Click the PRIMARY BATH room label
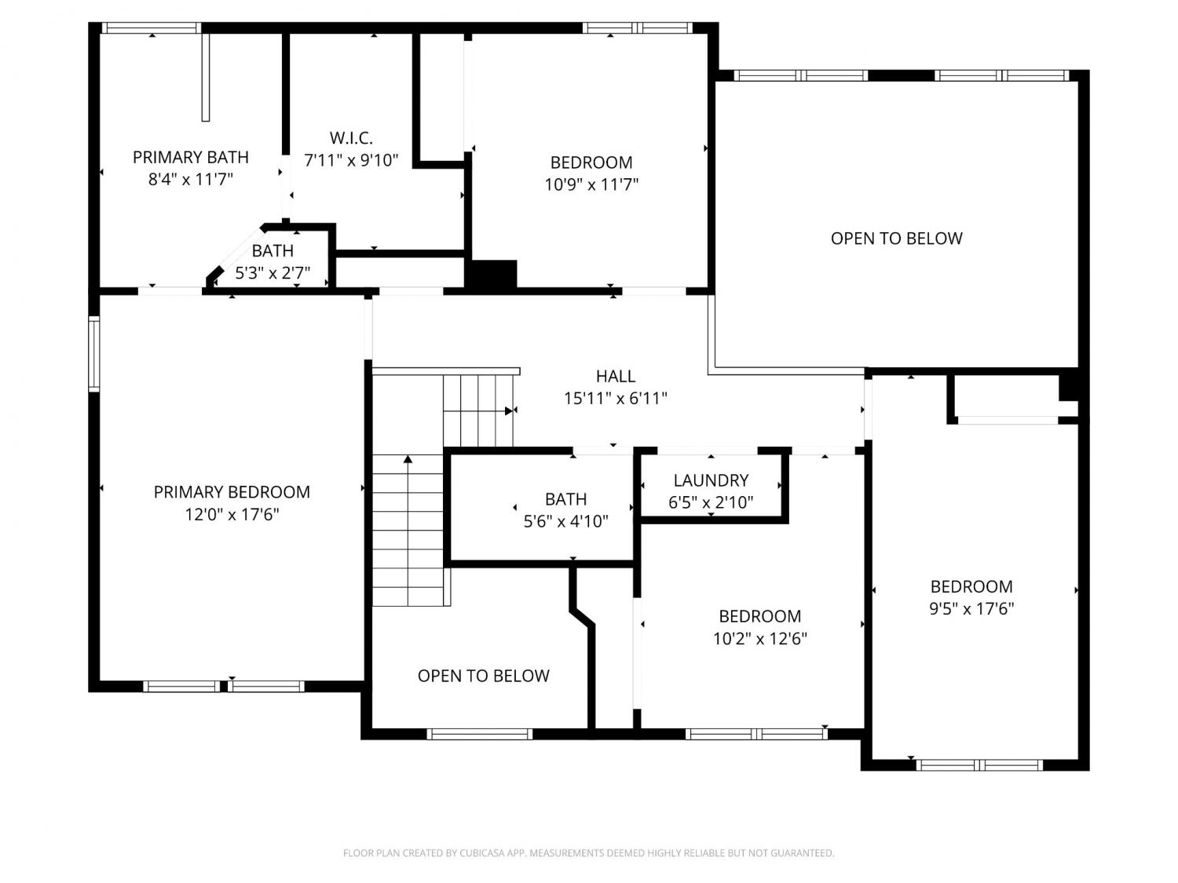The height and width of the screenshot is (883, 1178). click(x=191, y=157)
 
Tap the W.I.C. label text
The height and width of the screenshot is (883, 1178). click(x=351, y=138)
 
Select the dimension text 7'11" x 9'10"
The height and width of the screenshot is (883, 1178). click(x=351, y=160)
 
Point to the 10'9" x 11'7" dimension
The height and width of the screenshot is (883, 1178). click(x=591, y=184)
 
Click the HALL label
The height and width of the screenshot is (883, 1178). click(x=616, y=376)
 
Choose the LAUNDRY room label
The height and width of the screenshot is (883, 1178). click(x=711, y=480)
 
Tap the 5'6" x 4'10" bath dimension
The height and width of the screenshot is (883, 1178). click(x=565, y=521)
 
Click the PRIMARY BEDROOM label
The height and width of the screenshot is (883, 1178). click(x=232, y=491)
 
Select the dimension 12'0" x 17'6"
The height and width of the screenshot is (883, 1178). click(x=232, y=514)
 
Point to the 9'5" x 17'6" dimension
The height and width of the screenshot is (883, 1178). click(x=971, y=608)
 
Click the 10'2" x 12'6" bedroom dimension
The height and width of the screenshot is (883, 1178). click(x=760, y=639)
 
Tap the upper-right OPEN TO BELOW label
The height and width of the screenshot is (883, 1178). click(x=896, y=238)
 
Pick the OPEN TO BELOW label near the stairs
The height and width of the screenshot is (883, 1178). click(x=483, y=676)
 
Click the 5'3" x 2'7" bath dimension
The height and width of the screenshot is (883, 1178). click(x=273, y=273)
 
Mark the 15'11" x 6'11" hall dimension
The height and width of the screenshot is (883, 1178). click(x=616, y=399)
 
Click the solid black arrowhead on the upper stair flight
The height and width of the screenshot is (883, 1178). click(x=508, y=411)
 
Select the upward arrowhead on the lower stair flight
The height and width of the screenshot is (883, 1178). click(x=408, y=459)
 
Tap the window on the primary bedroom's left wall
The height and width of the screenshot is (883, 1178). click(x=94, y=354)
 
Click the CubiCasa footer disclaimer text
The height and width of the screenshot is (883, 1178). click(x=589, y=853)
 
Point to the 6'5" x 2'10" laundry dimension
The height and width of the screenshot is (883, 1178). click(x=711, y=502)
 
